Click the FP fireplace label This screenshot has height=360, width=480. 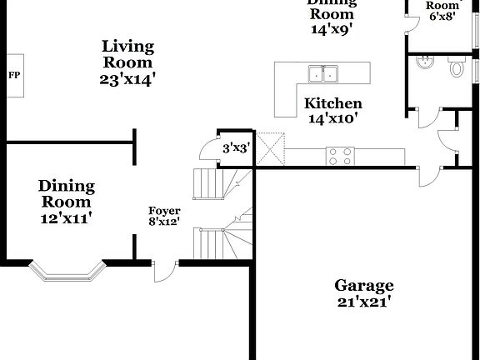tap(14, 75)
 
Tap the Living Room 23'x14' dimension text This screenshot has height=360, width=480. tap(127, 79)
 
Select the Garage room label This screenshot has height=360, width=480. tap(364, 285)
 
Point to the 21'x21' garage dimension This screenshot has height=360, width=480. tap(364, 302)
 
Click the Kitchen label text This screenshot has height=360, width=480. tap(333, 103)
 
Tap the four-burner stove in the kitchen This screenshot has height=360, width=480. tap(339, 155)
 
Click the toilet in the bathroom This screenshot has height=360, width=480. tap(457, 67)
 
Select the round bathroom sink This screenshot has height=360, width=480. tap(424, 62)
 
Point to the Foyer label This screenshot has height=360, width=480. tap(164, 210)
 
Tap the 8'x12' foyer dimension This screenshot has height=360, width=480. tap(164, 222)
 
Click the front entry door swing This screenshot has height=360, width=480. tap(165, 268)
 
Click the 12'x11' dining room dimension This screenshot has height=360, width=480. tap(67, 217)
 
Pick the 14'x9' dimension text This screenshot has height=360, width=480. tap(332, 27)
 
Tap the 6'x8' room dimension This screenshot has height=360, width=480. tap(442, 15)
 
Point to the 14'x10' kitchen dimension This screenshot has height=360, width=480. tap(333, 118)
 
